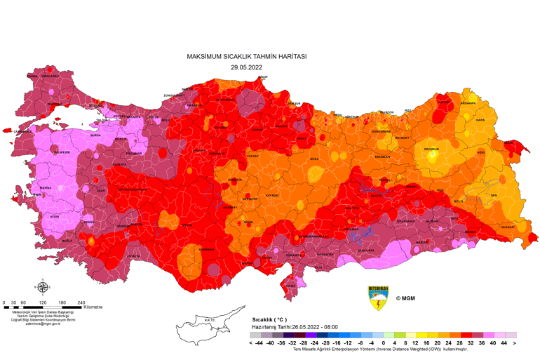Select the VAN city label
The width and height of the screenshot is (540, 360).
pos(493,195)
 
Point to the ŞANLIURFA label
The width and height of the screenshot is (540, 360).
pos(365,250)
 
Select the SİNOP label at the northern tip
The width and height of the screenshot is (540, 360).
pos(263,76)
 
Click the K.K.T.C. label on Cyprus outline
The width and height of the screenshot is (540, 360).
pos(209,321)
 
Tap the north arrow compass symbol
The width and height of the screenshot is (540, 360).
pos(42,286)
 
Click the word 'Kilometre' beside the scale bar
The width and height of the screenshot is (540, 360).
pos(93,307)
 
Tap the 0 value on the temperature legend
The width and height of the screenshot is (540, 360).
pos(383,344)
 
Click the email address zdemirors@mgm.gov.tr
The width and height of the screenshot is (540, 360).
pos(43,324)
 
